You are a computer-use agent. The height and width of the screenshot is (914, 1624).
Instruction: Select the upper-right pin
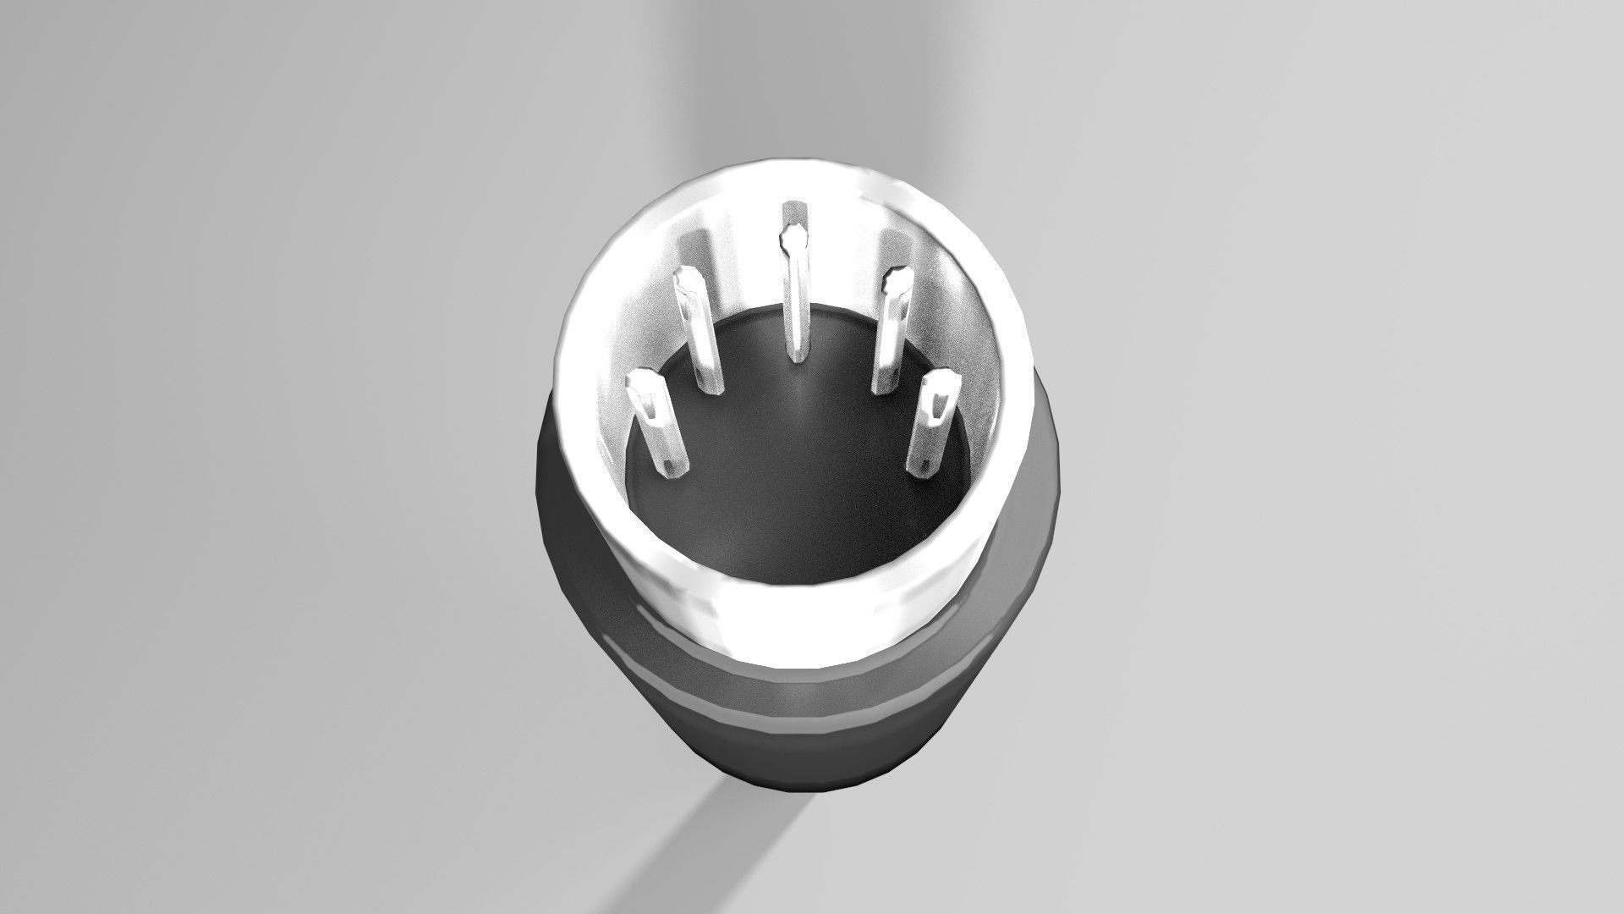891,330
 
